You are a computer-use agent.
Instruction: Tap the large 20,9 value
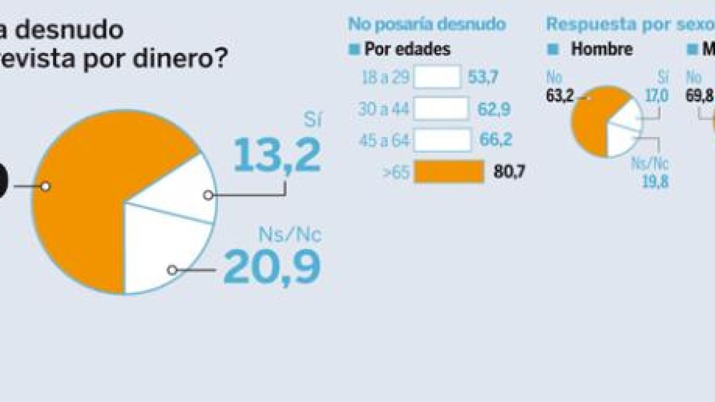point(272,267)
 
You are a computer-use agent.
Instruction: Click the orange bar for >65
point(449,172)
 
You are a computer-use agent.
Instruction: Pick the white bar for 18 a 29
point(437,77)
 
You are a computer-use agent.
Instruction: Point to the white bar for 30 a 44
point(441,109)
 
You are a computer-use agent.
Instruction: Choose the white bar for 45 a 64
point(443,140)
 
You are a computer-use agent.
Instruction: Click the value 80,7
point(509,173)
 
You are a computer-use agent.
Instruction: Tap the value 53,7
point(483,78)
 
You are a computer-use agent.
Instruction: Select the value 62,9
point(493,110)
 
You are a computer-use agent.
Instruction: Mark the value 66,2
point(496,141)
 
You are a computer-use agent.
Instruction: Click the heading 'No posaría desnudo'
point(427,24)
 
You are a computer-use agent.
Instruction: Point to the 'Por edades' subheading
point(407,49)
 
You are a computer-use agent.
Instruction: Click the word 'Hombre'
point(602,49)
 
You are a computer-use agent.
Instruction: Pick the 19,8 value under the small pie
point(655,182)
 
